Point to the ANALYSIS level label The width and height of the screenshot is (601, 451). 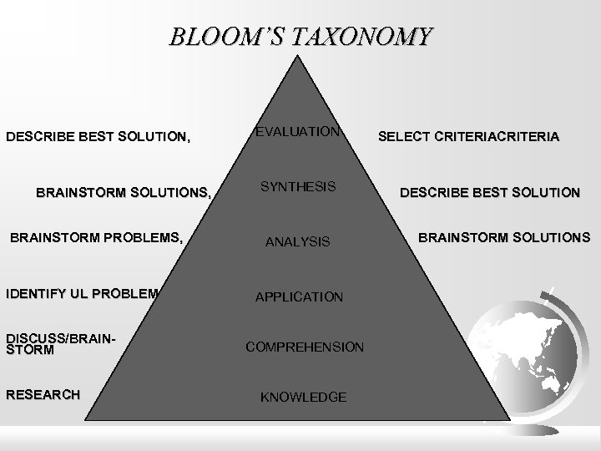(298, 242)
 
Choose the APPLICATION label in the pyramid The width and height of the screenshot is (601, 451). (299, 296)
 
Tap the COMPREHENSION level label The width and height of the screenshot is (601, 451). (304, 346)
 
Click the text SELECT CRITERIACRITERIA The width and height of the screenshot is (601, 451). (470, 137)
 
